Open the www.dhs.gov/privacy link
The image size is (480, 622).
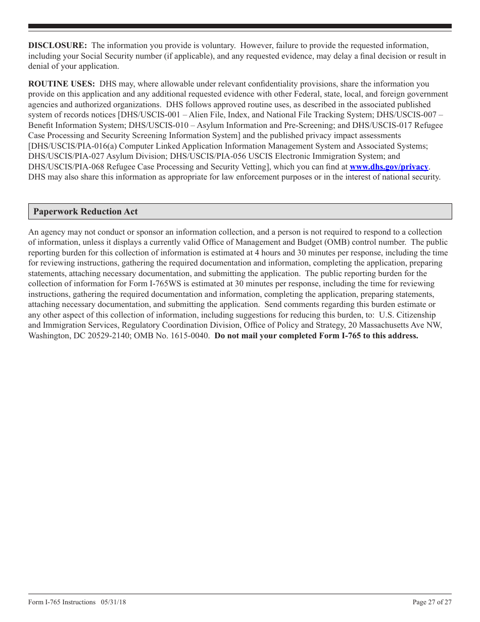[x=389, y=167]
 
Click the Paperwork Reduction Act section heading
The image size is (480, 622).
[x=85, y=211]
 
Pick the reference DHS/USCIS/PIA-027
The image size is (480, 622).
[x=62, y=156]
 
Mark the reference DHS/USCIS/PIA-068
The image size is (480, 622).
[x=62, y=167]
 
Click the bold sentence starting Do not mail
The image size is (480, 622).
[x=316, y=336]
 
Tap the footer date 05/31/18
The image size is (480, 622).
[x=114, y=602]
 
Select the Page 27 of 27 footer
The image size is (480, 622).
[x=432, y=602]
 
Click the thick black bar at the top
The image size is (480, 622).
[x=240, y=26]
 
